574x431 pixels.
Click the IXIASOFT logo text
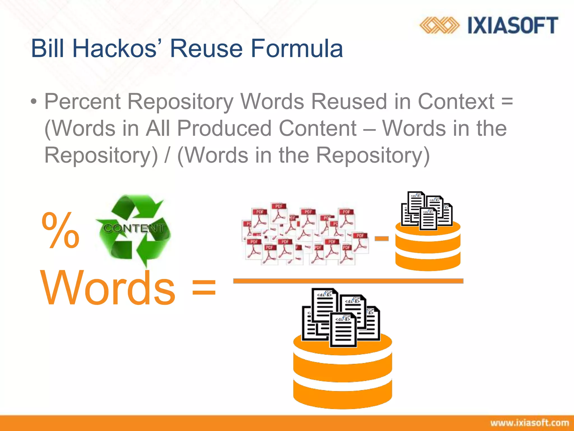(513, 25)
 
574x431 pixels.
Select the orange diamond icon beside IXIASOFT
(439, 25)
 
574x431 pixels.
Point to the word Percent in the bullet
(82, 102)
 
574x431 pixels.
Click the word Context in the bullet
(456, 102)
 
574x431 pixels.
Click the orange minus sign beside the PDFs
(381, 239)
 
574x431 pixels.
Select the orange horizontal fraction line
(348, 281)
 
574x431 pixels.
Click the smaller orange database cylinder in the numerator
(428, 247)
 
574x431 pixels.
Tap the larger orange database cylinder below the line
(342, 373)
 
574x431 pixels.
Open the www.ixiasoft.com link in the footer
(529, 423)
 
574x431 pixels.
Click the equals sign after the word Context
(507, 102)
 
